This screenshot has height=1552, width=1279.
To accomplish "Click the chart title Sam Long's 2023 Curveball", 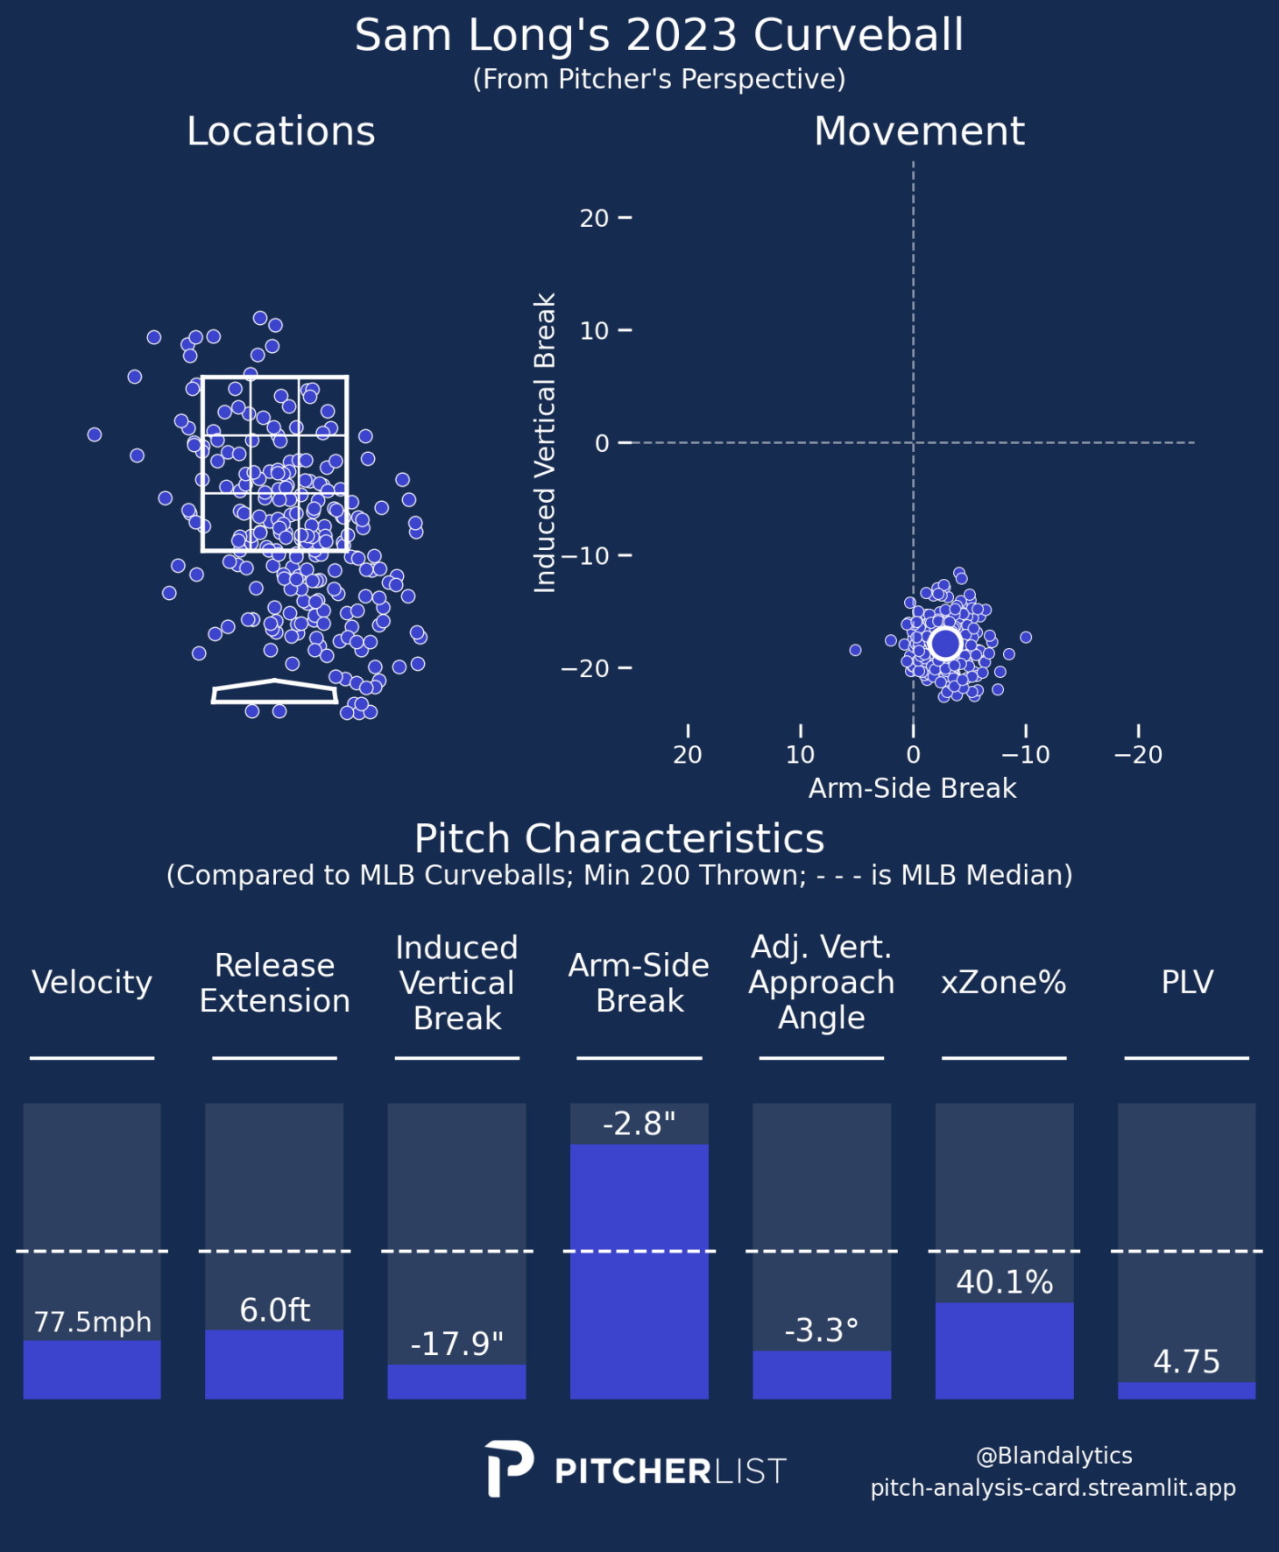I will pyautogui.click(x=659, y=36).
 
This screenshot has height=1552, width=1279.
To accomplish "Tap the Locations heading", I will pyautogui.click(x=280, y=131).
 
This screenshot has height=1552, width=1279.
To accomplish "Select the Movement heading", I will pyautogui.click(x=918, y=131).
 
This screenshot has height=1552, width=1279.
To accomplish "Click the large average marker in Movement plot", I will pyautogui.click(x=945, y=643).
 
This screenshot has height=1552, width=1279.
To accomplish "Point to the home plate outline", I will pyautogui.click(x=275, y=692).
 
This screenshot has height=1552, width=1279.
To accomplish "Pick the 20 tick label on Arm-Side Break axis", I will pyautogui.click(x=688, y=754).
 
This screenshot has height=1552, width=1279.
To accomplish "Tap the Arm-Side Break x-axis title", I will pyautogui.click(x=912, y=788).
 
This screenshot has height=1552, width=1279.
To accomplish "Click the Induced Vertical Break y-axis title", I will pyautogui.click(x=545, y=443).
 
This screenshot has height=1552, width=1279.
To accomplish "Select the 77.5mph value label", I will pyautogui.click(x=92, y=1322).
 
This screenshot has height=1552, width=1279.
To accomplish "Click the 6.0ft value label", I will pyautogui.click(x=274, y=1310).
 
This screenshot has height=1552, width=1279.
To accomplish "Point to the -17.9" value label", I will pyautogui.click(x=456, y=1344).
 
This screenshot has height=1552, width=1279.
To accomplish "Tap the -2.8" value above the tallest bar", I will pyautogui.click(x=639, y=1124).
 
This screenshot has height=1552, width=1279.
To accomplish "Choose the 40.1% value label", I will pyautogui.click(x=1004, y=1282).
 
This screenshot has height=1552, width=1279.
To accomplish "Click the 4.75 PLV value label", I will pyautogui.click(x=1186, y=1362).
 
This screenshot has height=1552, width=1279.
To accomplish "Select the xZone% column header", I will pyautogui.click(x=1004, y=983).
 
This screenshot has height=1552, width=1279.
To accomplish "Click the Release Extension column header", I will pyautogui.click(x=274, y=983).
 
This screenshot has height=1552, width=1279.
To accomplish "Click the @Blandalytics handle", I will pyautogui.click(x=1054, y=1456).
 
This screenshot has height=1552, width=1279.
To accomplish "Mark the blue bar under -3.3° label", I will pyautogui.click(x=821, y=1374).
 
